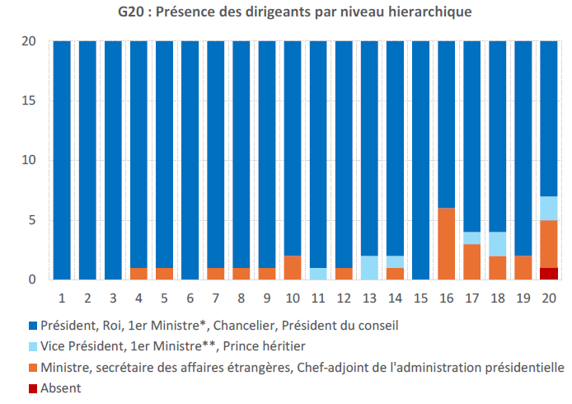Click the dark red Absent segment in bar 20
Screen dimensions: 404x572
[x=549, y=274]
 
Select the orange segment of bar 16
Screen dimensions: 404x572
[x=447, y=244]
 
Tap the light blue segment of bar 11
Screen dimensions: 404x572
[x=318, y=274]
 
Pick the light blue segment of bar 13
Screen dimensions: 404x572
[x=369, y=268]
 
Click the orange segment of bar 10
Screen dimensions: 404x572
[x=293, y=268]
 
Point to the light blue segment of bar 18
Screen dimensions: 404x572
[x=498, y=244]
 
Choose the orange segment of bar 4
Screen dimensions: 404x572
[x=139, y=274]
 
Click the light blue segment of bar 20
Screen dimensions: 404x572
[x=549, y=209]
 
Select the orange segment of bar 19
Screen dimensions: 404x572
[x=523, y=268]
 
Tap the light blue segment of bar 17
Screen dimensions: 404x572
[x=472, y=237]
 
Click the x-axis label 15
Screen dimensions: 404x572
[x=420, y=295]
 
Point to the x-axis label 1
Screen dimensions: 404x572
[x=62, y=295]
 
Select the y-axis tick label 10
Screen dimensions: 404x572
[x=29, y=161]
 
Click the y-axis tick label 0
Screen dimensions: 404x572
[x=33, y=280]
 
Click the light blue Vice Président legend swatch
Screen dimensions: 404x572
[x=33, y=346]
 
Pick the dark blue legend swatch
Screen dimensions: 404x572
[x=33, y=326]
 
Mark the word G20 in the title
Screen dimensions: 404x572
[x=129, y=13]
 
